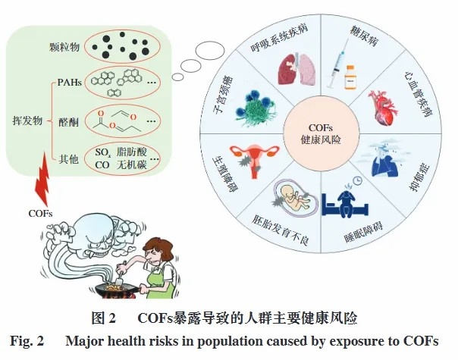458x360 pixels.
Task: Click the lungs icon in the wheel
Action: click(x=297, y=69)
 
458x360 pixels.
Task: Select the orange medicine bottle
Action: click(x=350, y=77)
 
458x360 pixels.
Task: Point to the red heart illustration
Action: click(x=383, y=107)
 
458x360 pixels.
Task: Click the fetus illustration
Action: click(x=294, y=197)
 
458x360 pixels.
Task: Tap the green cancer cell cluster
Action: click(x=255, y=108)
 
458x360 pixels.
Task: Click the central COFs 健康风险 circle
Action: click(x=321, y=133)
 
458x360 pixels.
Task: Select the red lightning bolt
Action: click(x=42, y=179)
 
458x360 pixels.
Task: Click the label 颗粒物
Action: click(x=64, y=47)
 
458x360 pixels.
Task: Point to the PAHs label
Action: click(x=69, y=83)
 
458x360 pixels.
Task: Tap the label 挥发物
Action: click(x=27, y=120)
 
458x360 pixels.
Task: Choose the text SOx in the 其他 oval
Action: click(x=102, y=152)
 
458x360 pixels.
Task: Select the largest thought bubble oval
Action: click(x=209, y=51)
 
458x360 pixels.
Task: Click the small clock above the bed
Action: click(x=357, y=180)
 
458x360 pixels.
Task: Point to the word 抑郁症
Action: click(x=420, y=178)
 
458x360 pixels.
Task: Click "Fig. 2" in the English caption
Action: click(x=27, y=341)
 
